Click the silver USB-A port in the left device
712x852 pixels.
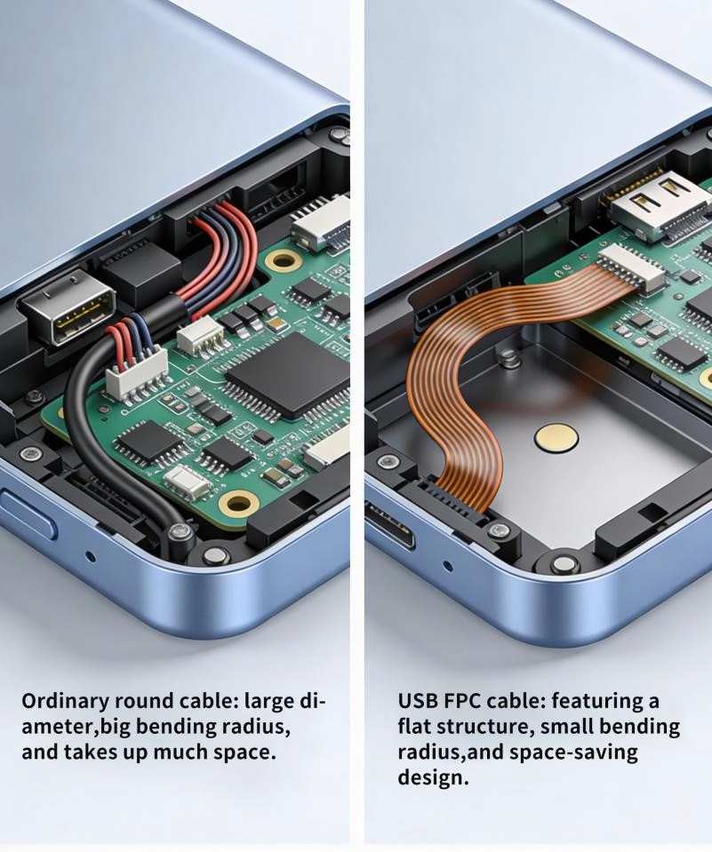click(68, 307)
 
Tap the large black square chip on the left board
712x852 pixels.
click(288, 376)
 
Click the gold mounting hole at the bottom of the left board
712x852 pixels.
click(238, 503)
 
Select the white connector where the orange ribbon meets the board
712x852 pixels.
click(630, 267)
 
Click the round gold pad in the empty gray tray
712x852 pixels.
click(556, 438)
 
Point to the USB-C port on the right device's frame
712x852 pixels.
click(389, 524)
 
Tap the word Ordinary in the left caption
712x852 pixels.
click(65, 702)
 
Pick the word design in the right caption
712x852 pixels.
click(433, 777)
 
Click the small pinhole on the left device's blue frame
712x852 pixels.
click(91, 557)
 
